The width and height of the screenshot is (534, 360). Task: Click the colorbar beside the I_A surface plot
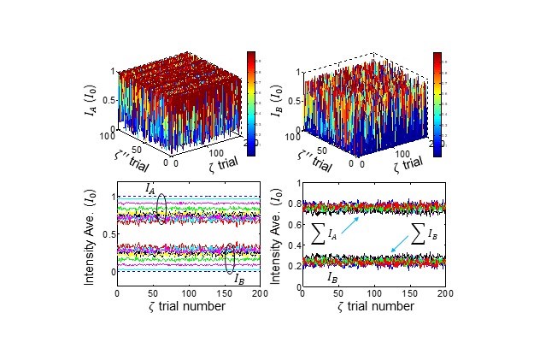click(x=252, y=103)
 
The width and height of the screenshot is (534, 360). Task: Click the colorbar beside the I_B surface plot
click(x=437, y=103)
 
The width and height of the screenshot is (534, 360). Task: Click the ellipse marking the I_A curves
click(x=163, y=210)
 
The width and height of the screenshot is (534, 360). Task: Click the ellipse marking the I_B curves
click(x=231, y=258)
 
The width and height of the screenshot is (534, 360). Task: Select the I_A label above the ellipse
click(x=149, y=187)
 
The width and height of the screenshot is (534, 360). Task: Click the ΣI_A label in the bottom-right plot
click(x=324, y=233)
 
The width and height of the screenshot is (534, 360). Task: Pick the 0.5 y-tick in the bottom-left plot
click(x=108, y=233)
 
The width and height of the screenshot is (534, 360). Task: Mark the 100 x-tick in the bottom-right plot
click(x=373, y=293)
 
